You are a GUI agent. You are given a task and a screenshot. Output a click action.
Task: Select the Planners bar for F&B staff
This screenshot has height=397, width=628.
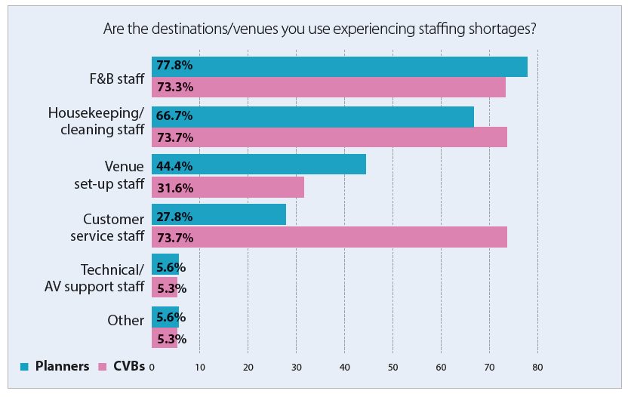coord(339,66)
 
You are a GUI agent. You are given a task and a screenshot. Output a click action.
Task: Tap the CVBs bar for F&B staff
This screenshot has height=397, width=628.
coord(328,88)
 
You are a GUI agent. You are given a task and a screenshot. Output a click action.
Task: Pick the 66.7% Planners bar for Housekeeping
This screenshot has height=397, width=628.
coord(312,116)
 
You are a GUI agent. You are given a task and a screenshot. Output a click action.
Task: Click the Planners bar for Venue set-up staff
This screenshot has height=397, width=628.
coord(259,164)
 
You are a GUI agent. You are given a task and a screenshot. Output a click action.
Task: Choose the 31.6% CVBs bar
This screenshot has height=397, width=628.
coord(228,186)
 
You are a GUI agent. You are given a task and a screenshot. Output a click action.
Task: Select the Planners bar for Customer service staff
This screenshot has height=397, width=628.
coord(219,214)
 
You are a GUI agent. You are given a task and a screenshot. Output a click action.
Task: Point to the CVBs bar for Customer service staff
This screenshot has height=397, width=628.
coord(329,237)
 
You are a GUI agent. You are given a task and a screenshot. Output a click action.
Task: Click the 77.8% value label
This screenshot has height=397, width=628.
coord(174,66)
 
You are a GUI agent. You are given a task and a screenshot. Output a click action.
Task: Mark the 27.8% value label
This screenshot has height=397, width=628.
coord(174,216)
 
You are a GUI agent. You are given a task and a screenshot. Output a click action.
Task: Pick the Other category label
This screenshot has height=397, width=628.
coord(125,320)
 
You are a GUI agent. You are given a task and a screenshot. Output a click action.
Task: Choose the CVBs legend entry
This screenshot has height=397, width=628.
coord(120,367)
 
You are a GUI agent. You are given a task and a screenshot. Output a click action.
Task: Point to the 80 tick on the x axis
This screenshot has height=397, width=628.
coord(537,368)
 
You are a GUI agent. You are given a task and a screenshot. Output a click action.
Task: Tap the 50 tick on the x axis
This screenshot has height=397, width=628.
coord(392,368)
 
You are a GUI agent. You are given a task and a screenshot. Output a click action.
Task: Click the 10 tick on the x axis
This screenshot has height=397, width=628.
coord(200,368)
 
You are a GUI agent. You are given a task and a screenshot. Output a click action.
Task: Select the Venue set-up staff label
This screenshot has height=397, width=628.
coord(113,175)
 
